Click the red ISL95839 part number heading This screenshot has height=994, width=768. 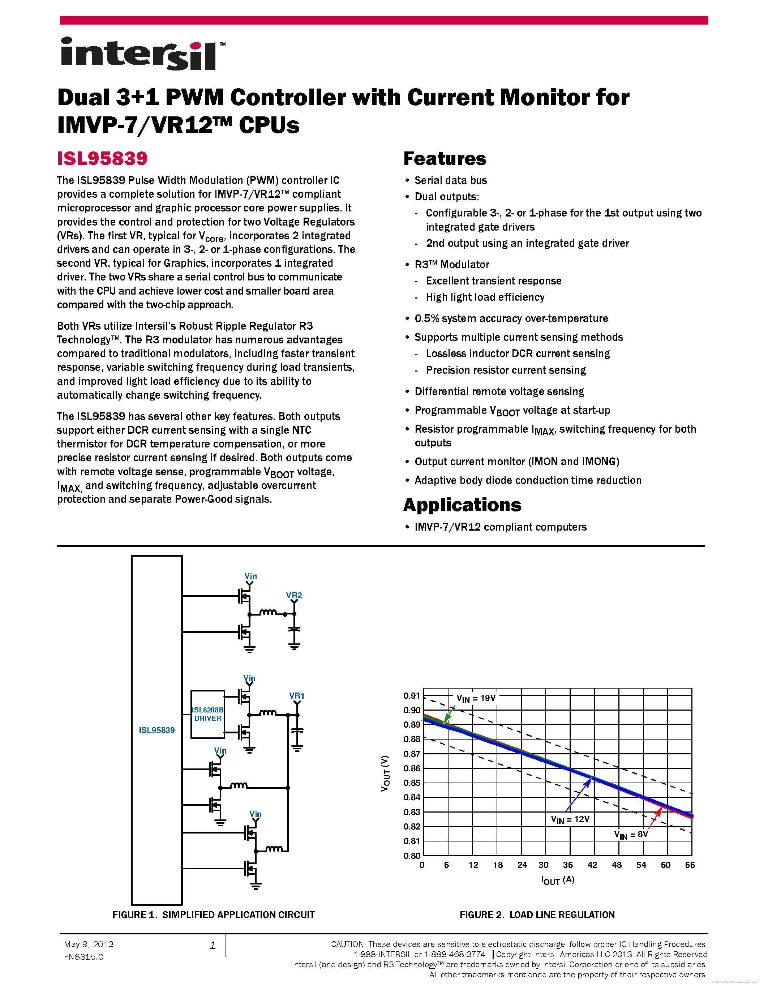102,158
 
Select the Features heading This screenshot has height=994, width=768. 445,158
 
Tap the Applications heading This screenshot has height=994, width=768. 462,505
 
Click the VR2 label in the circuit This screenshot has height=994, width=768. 293,595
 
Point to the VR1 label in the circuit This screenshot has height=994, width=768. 297,695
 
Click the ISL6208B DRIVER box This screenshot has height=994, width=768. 207,714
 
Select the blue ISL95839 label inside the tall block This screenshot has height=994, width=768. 156,730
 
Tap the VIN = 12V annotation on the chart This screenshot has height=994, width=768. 570,819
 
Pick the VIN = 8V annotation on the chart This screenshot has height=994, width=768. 631,834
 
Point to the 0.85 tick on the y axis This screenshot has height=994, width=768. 412,783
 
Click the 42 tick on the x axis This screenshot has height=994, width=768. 592,865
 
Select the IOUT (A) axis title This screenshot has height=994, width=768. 557,880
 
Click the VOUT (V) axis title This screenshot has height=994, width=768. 385,773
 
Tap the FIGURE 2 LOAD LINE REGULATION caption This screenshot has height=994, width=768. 537,915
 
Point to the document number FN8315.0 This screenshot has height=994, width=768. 83,957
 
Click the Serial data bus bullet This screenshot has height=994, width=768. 450,180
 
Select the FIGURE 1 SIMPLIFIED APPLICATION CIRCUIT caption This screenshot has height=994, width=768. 213,915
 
